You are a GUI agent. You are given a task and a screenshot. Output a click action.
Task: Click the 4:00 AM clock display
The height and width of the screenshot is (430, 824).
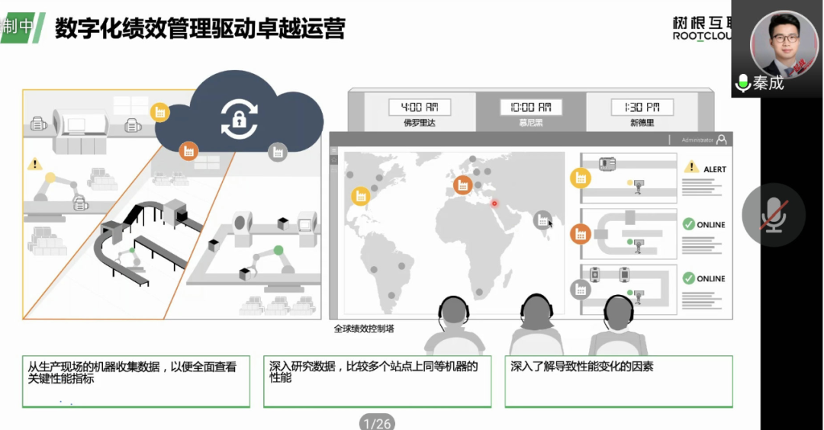point(420,107)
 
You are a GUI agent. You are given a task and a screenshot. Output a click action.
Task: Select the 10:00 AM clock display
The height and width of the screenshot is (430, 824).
point(526,107)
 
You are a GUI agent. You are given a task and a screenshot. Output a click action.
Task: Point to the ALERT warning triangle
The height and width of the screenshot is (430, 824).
point(690,166)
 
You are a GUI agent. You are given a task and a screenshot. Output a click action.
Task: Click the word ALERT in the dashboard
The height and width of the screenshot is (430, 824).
point(715,169)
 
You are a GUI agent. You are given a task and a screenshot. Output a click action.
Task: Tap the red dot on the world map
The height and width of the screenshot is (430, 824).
point(494,203)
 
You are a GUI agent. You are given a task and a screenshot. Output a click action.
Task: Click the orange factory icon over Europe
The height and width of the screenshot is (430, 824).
point(462,185)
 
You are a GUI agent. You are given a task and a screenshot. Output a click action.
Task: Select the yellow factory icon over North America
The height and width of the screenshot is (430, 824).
point(360,196)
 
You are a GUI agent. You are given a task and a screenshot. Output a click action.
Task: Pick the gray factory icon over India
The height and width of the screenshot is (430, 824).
point(542,220)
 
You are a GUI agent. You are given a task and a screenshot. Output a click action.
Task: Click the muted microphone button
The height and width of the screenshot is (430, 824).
point(774,214)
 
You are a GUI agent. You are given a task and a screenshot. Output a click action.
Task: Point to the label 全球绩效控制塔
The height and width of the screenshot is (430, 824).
point(364,329)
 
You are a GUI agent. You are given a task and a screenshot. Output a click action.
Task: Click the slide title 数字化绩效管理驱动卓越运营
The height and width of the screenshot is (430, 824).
point(201,28)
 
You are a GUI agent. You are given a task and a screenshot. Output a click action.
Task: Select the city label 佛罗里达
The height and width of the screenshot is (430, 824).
point(420,122)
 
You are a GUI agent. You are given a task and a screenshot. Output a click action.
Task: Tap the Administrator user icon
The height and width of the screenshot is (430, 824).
point(722,140)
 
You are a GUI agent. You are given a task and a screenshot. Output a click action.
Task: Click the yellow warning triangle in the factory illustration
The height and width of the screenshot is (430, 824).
point(34,164)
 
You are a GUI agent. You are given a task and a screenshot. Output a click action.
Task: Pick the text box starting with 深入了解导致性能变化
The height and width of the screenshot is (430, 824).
point(619,380)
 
